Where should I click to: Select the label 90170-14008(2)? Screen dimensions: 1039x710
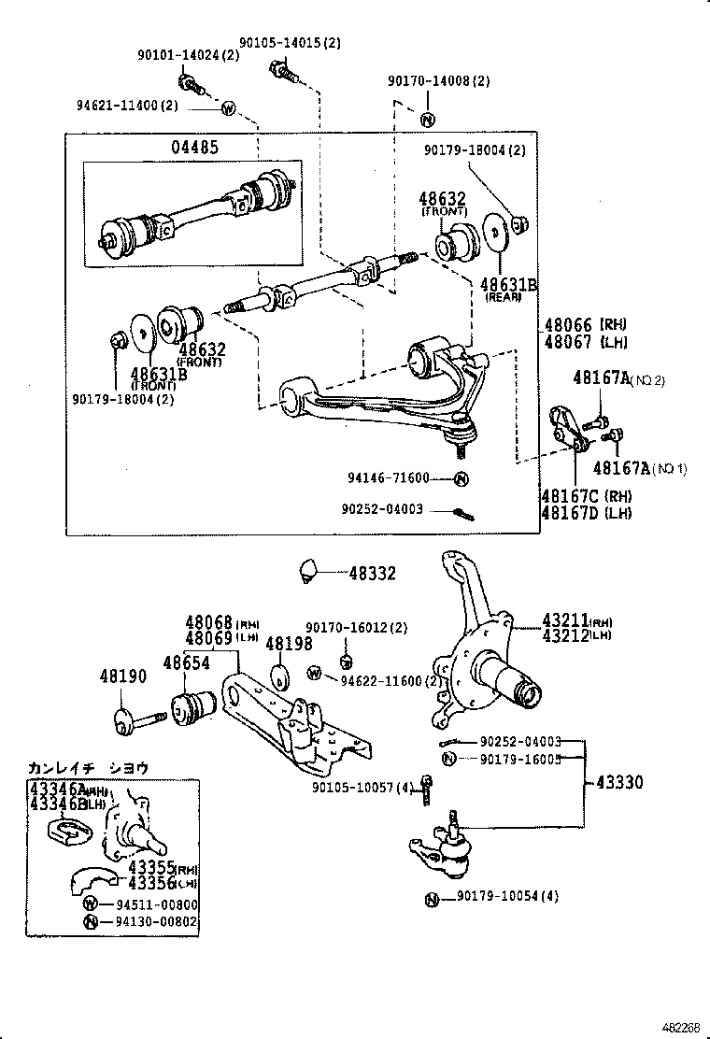(438, 81)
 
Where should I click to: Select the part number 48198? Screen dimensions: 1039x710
(285, 644)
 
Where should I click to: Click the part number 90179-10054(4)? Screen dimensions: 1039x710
(507, 897)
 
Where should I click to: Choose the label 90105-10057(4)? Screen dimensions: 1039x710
(363, 787)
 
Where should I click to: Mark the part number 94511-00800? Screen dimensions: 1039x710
(157, 904)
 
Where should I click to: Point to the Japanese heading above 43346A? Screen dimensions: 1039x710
(89, 768)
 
